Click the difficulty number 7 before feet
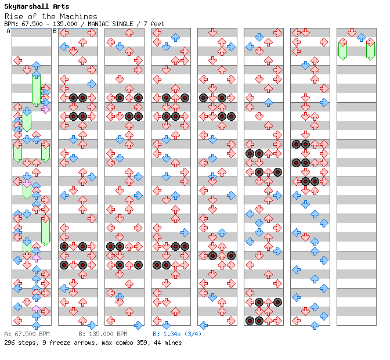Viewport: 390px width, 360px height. point(145,24)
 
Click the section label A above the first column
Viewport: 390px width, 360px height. point(9,31)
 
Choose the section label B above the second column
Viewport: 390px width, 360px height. point(55,31)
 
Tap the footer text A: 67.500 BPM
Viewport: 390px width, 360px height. point(27,334)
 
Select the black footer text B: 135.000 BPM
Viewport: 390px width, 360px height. point(103,334)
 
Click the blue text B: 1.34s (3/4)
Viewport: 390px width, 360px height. point(177,334)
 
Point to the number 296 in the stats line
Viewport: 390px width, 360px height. point(10,343)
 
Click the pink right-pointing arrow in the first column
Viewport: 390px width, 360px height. point(45,109)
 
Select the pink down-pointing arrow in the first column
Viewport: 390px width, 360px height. point(27,184)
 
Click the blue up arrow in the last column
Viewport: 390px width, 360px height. point(361,38)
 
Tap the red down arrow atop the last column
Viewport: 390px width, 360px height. point(352,33)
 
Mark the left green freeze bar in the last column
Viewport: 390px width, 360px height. point(343,51)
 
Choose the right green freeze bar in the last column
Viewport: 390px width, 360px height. point(371,51)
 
